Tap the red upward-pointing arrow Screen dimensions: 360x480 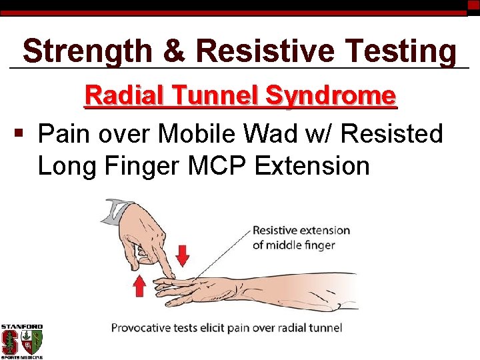tap(139, 287)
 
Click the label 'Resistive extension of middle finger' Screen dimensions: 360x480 tap(301, 237)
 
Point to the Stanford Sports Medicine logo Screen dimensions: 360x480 tap(21, 341)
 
